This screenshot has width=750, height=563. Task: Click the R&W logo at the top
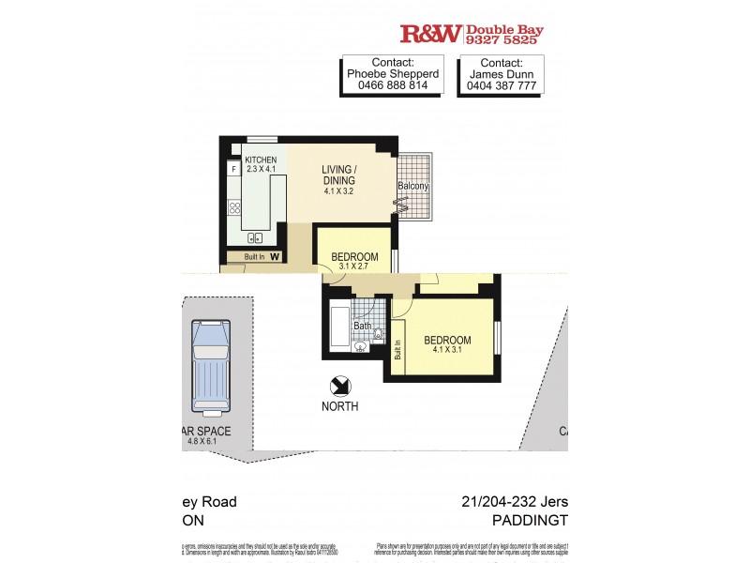tap(430, 34)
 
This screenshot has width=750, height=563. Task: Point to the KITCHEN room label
tap(260, 160)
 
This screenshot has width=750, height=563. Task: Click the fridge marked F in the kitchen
tap(233, 170)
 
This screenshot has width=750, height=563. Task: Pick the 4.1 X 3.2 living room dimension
tap(342, 192)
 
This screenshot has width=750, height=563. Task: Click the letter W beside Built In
tap(275, 256)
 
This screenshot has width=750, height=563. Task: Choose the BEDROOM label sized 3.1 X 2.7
tap(354, 257)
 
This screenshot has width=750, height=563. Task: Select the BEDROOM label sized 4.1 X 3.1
tap(447, 340)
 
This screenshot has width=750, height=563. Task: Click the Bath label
tap(361, 327)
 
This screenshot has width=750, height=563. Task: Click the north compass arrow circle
tap(340, 386)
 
